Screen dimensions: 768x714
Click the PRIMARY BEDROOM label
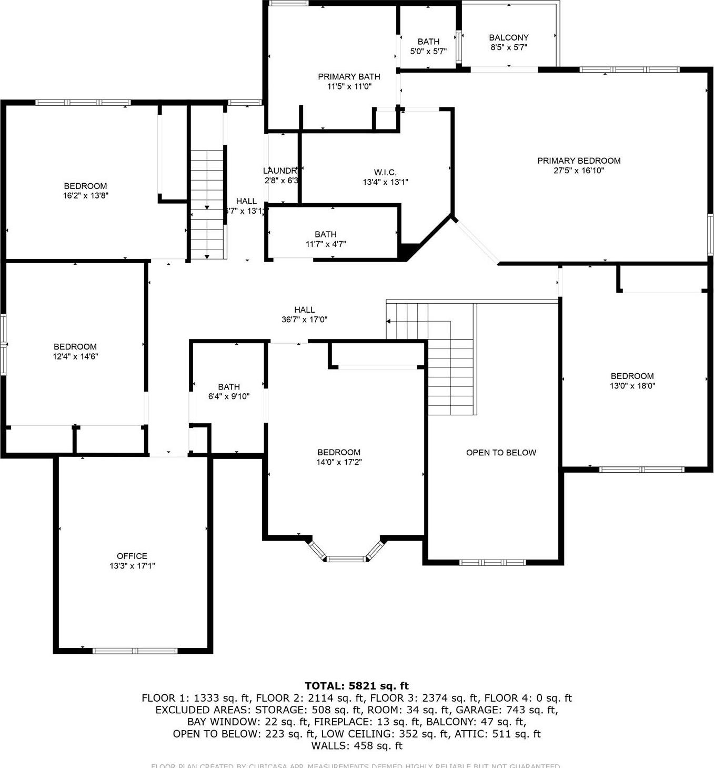(x=579, y=161)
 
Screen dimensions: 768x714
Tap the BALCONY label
(x=508, y=37)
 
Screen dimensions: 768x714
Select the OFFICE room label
(x=132, y=556)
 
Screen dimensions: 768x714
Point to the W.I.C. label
(x=385, y=172)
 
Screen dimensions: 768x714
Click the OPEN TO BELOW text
(x=501, y=452)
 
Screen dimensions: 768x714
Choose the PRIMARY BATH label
(x=349, y=76)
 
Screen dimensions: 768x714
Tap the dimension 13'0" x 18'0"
(x=632, y=385)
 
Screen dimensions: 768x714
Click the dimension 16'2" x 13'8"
(x=85, y=195)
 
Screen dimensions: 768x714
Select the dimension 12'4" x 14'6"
(x=75, y=356)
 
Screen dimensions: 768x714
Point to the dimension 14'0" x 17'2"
(x=339, y=462)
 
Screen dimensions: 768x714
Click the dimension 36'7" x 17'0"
(x=304, y=319)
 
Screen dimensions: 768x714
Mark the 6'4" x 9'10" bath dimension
(x=229, y=396)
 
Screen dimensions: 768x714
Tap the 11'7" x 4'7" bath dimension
(x=326, y=244)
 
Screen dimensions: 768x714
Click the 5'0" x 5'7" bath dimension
(x=428, y=51)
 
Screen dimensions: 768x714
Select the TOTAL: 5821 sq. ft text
(x=357, y=685)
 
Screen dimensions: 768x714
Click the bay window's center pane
(x=345, y=558)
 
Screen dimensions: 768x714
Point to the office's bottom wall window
(x=135, y=651)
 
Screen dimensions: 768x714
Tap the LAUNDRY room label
(x=281, y=171)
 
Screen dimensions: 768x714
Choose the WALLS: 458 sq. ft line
(x=357, y=745)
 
